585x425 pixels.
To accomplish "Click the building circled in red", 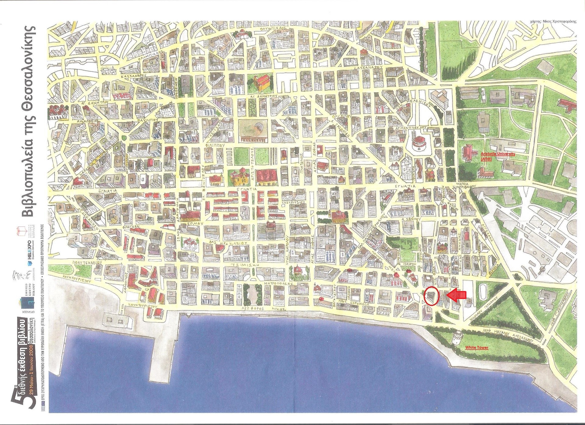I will tap(431, 296).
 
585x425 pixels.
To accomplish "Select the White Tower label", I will tap(477, 347).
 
